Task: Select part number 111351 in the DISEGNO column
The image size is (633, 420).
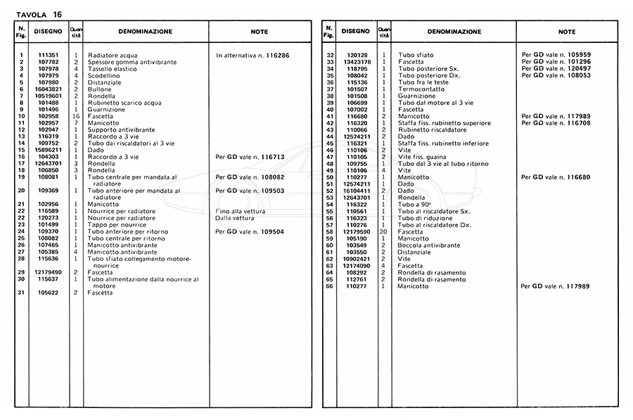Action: [x=48, y=55]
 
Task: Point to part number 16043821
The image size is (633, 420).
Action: [x=48, y=89]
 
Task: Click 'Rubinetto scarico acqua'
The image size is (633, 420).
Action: [x=124, y=103]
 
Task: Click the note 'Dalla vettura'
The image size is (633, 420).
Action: [x=236, y=217]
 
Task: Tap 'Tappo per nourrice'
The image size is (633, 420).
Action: [x=117, y=224]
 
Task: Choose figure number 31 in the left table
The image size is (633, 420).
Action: [x=22, y=292]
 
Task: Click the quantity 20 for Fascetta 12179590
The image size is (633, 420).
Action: [x=383, y=231]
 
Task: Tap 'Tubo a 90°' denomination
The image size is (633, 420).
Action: [x=414, y=204]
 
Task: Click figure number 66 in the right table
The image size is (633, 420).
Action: [x=328, y=286]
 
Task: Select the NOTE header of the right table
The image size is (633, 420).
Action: [x=566, y=32]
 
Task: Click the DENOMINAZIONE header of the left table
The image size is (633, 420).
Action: [x=145, y=32]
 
